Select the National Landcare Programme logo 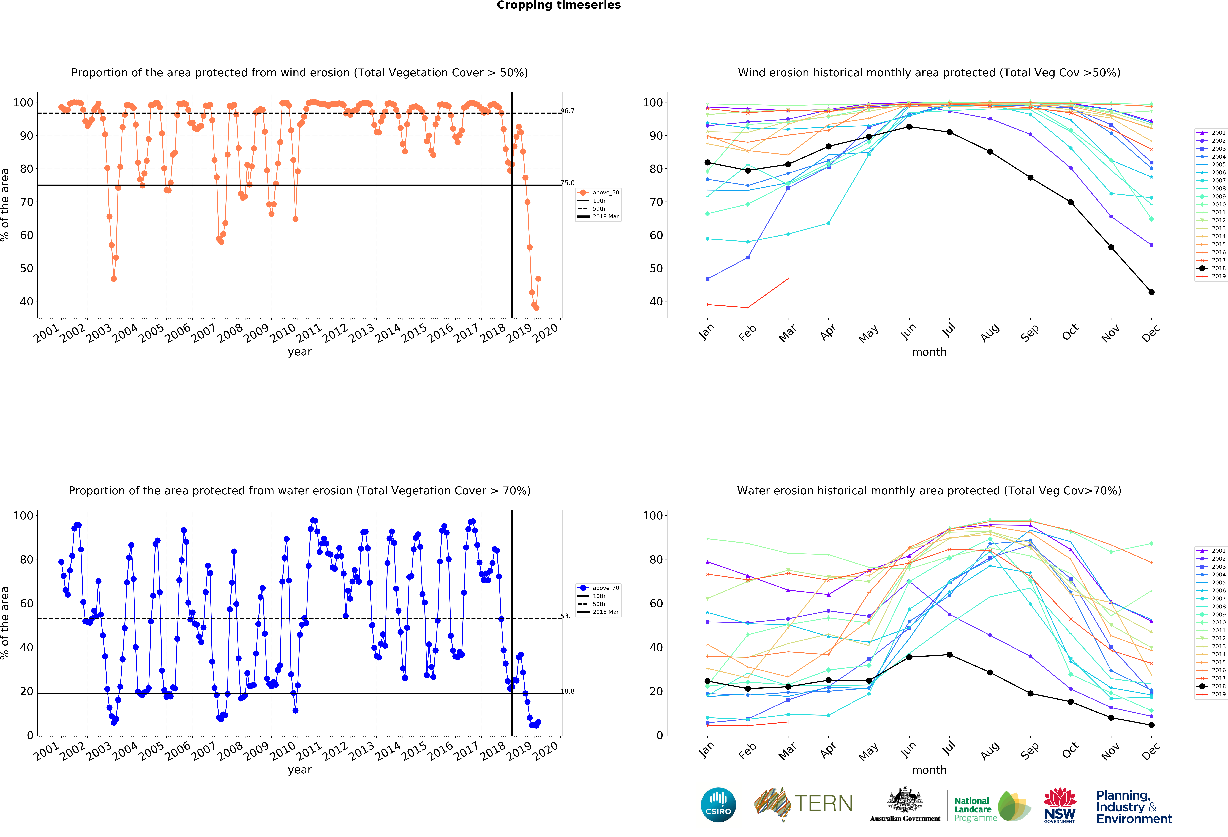[992, 806]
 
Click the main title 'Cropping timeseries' [559, 5]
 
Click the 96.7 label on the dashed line [568, 111]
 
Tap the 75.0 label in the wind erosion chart [568, 183]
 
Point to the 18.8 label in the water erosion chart [568, 691]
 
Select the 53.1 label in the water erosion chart [568, 616]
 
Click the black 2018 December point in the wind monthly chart [1151, 292]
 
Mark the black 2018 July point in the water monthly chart [950, 655]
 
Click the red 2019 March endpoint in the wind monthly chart [788, 278]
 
